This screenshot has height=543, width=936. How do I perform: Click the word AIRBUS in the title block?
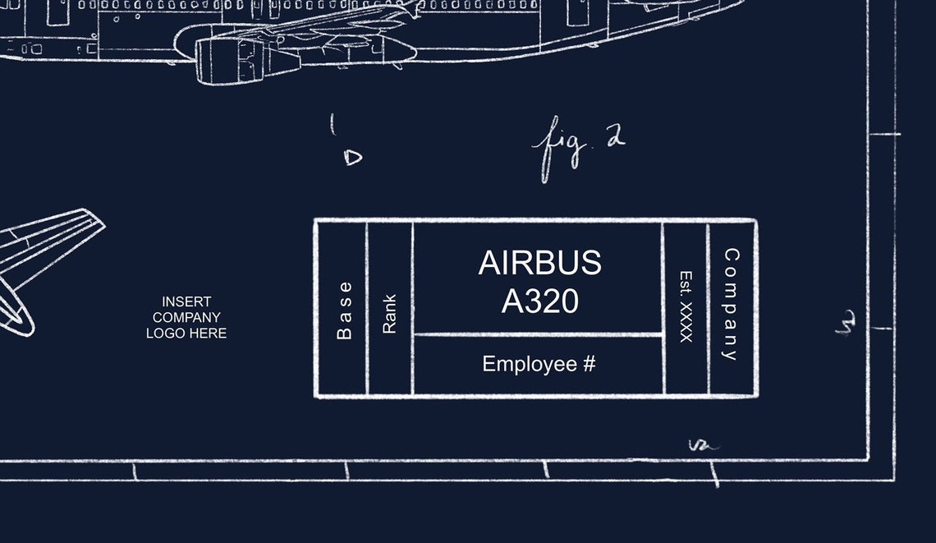pyautogui.click(x=539, y=263)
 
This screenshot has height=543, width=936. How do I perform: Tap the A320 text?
pyautogui.click(x=539, y=301)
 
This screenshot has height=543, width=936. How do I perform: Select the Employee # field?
pyautogui.click(x=539, y=364)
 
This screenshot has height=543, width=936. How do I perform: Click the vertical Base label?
pyautogui.click(x=344, y=310)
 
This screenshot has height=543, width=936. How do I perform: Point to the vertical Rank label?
pyautogui.click(x=389, y=314)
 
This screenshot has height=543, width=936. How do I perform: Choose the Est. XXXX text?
pyautogui.click(x=686, y=306)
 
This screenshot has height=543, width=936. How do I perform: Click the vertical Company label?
pyautogui.click(x=730, y=304)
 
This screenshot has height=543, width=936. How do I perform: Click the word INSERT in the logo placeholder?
pyautogui.click(x=186, y=301)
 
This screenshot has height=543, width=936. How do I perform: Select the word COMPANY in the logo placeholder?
pyautogui.click(x=186, y=317)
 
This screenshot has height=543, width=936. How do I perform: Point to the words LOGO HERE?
pyautogui.click(x=186, y=333)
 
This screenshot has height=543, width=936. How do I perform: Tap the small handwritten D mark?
pyautogui.click(x=352, y=156)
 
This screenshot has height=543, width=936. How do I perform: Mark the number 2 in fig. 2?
pyautogui.click(x=614, y=137)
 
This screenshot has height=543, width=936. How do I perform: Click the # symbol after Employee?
pyautogui.click(x=589, y=364)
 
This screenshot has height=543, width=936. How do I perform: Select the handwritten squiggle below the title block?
pyautogui.click(x=703, y=446)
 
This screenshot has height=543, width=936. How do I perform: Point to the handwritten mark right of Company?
pyautogui.click(x=847, y=322)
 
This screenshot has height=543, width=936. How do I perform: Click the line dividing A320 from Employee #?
pyautogui.click(x=539, y=335)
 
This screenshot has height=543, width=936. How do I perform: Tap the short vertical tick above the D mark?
pyautogui.click(x=333, y=124)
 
